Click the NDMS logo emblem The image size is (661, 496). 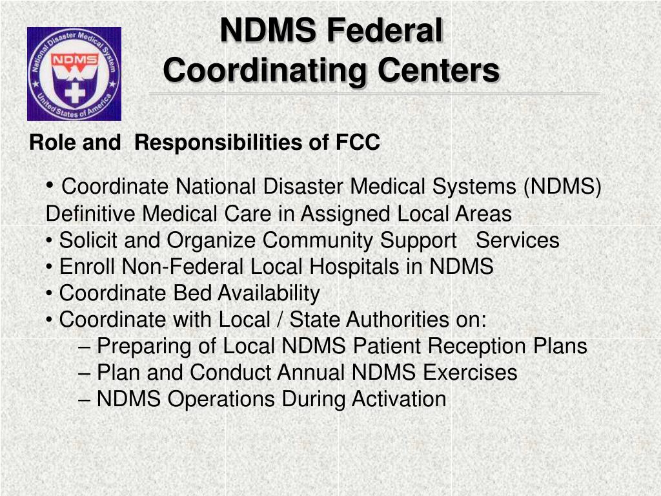(74, 74)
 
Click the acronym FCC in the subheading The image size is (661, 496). (358, 143)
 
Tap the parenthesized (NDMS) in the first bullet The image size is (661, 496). (562, 187)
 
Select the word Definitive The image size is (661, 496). (91, 213)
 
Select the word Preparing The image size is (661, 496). (144, 346)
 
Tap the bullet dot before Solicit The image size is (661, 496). (50, 241)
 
